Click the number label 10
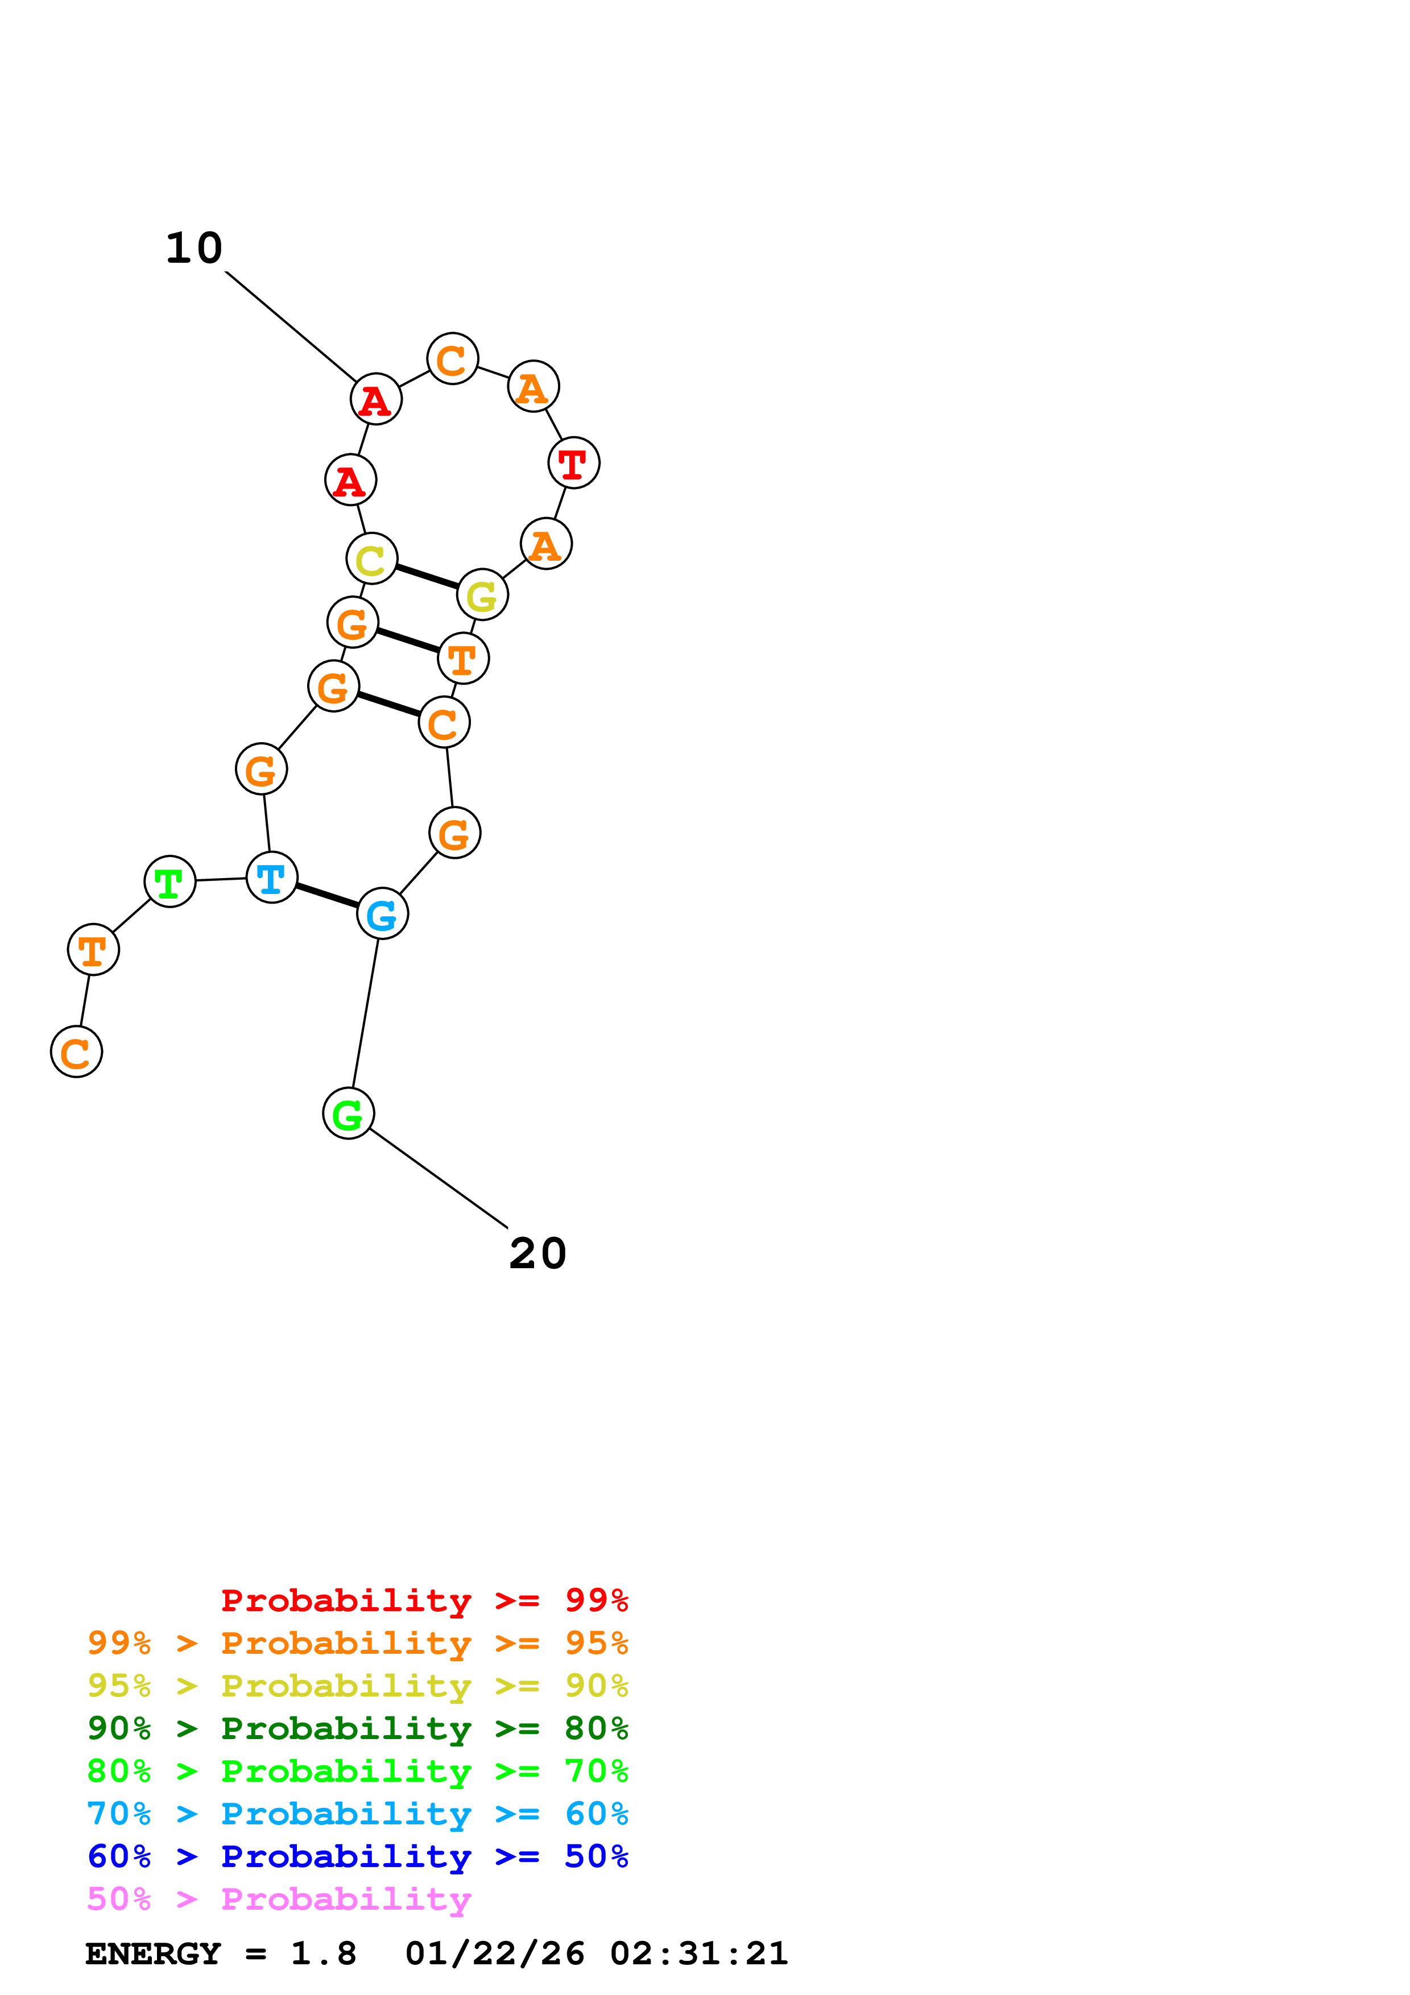point(195,249)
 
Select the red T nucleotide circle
point(573,463)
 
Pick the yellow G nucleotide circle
point(482,595)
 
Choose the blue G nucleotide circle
point(382,914)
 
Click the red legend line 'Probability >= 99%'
point(424,1600)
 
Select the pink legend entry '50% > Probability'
point(279,1899)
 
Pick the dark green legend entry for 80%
point(357,1728)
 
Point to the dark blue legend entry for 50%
point(357,1856)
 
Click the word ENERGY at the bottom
point(153,1954)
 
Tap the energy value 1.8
point(323,1954)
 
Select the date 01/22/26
point(494,1954)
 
